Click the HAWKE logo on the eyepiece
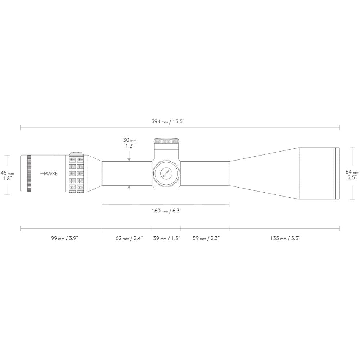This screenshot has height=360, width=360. [49, 174]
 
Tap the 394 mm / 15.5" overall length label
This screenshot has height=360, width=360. [168, 121]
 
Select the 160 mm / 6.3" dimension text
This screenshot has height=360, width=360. [167, 211]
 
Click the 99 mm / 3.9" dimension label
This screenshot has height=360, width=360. [65, 238]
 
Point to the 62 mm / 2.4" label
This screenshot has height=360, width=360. [129, 238]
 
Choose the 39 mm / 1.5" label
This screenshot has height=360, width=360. [167, 238]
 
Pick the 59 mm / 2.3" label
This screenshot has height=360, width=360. [206, 238]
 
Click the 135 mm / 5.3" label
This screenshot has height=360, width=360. [285, 238]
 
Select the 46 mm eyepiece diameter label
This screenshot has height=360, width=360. [7, 175]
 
